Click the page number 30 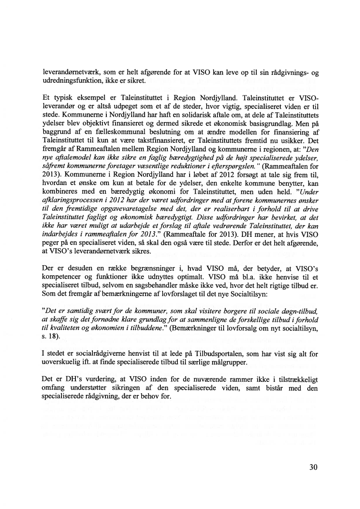[312, 468]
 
